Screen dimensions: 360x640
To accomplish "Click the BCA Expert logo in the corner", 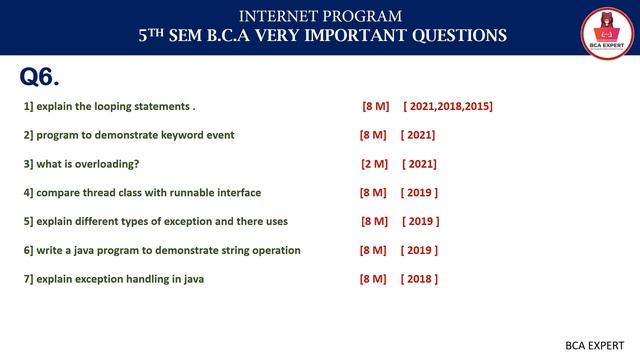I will coord(602,29).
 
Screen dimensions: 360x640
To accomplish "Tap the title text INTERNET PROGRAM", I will coord(321,15).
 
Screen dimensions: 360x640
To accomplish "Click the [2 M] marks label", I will coord(374,164).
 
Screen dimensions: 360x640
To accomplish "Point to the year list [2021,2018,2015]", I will coord(448,106).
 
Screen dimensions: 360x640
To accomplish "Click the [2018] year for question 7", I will coord(419,279).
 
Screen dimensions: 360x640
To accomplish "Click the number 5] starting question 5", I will coord(28,221).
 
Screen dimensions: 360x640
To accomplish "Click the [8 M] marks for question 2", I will coord(373,135).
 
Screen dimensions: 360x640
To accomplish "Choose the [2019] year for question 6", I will coord(419,250).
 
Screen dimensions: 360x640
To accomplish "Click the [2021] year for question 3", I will coord(419,164).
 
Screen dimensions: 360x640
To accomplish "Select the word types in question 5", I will coord(136,221).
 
